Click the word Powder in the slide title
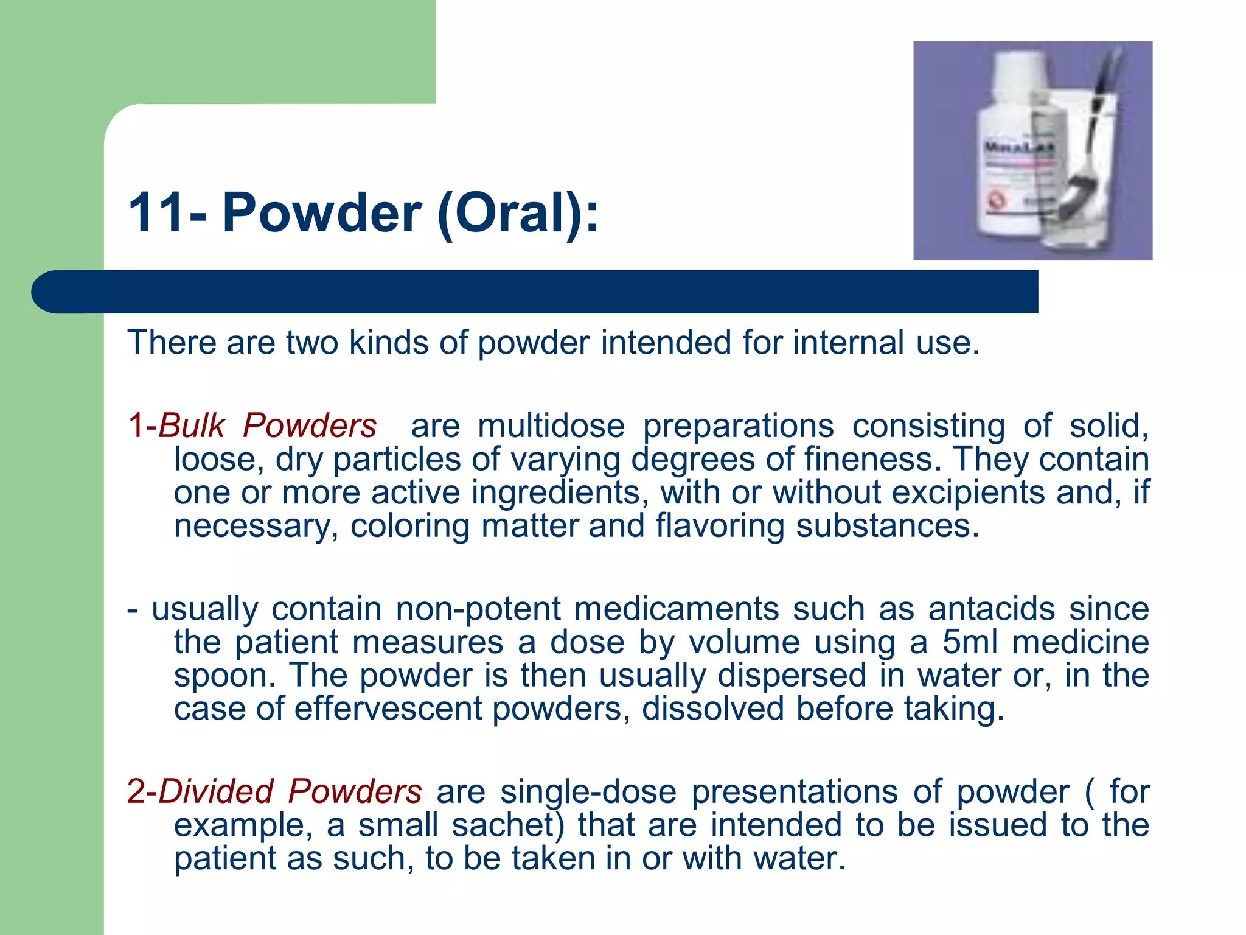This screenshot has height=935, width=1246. click(x=321, y=213)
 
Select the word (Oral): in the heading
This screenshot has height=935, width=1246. click(x=518, y=213)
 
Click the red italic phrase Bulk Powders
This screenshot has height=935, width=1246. click(x=267, y=425)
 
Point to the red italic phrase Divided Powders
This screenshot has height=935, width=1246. click(x=290, y=791)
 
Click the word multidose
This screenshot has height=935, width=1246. click(x=551, y=425)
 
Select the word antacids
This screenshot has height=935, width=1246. click(x=992, y=609)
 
